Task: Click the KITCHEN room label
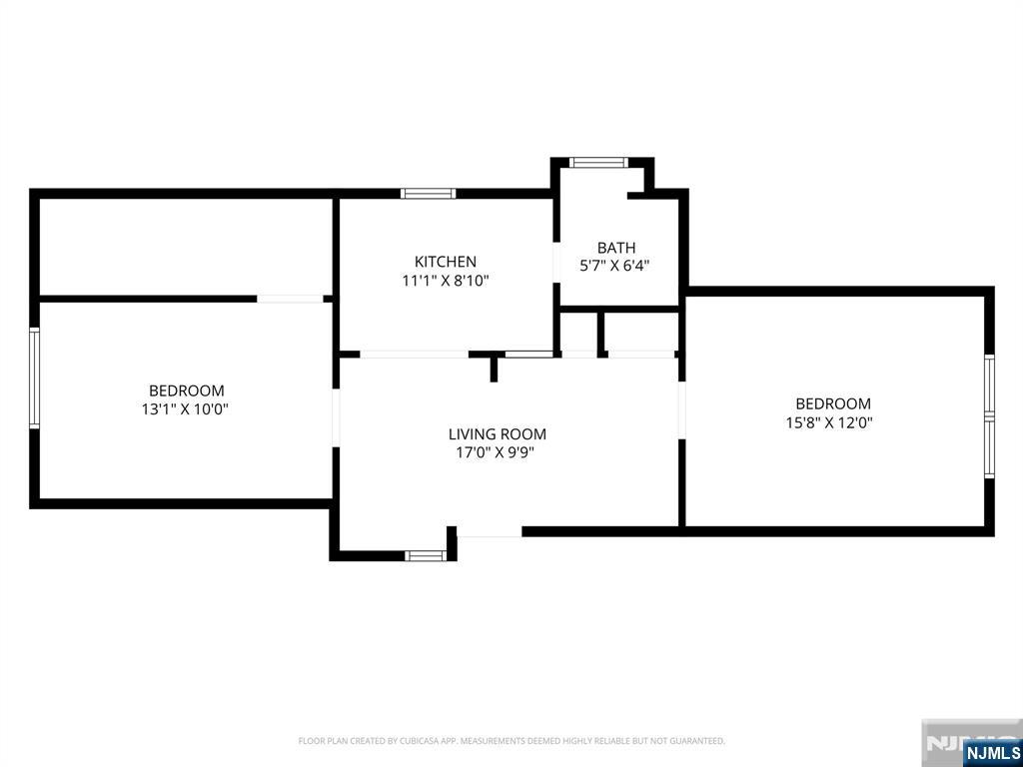446,262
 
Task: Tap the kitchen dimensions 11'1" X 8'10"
446,281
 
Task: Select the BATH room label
615,248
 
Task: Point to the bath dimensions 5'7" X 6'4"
615,266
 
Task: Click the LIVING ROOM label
498,433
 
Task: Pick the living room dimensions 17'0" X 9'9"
498,452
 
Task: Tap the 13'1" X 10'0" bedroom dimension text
186,409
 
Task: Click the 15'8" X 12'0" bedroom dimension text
829,422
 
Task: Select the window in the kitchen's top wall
428,193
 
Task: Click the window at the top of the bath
598,163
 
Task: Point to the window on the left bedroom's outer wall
34,379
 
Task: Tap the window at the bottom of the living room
426,555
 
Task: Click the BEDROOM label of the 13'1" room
187,390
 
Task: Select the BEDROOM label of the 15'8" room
833,403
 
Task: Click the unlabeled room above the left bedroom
186,247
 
